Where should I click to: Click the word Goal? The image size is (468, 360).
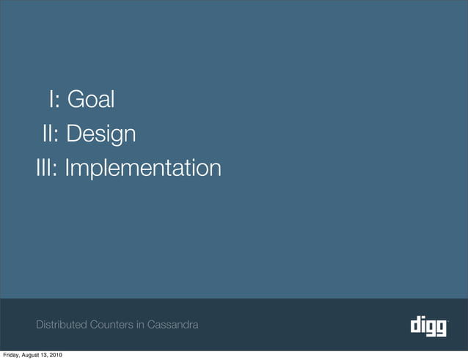click(x=91, y=99)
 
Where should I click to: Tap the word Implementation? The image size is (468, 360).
click(x=142, y=169)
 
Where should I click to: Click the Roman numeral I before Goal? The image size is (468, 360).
click(x=52, y=99)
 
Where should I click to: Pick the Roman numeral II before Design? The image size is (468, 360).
click(x=48, y=134)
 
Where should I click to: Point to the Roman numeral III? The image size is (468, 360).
click(x=45, y=169)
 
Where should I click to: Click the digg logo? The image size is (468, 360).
click(x=428, y=325)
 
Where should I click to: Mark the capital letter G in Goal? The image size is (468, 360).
click(x=74, y=99)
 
